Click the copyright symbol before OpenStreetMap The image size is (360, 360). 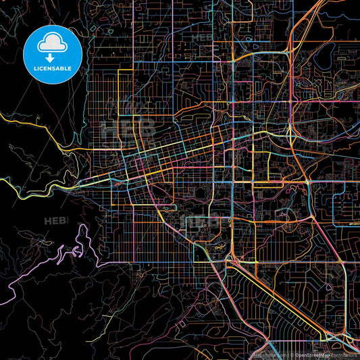coord(290,354)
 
